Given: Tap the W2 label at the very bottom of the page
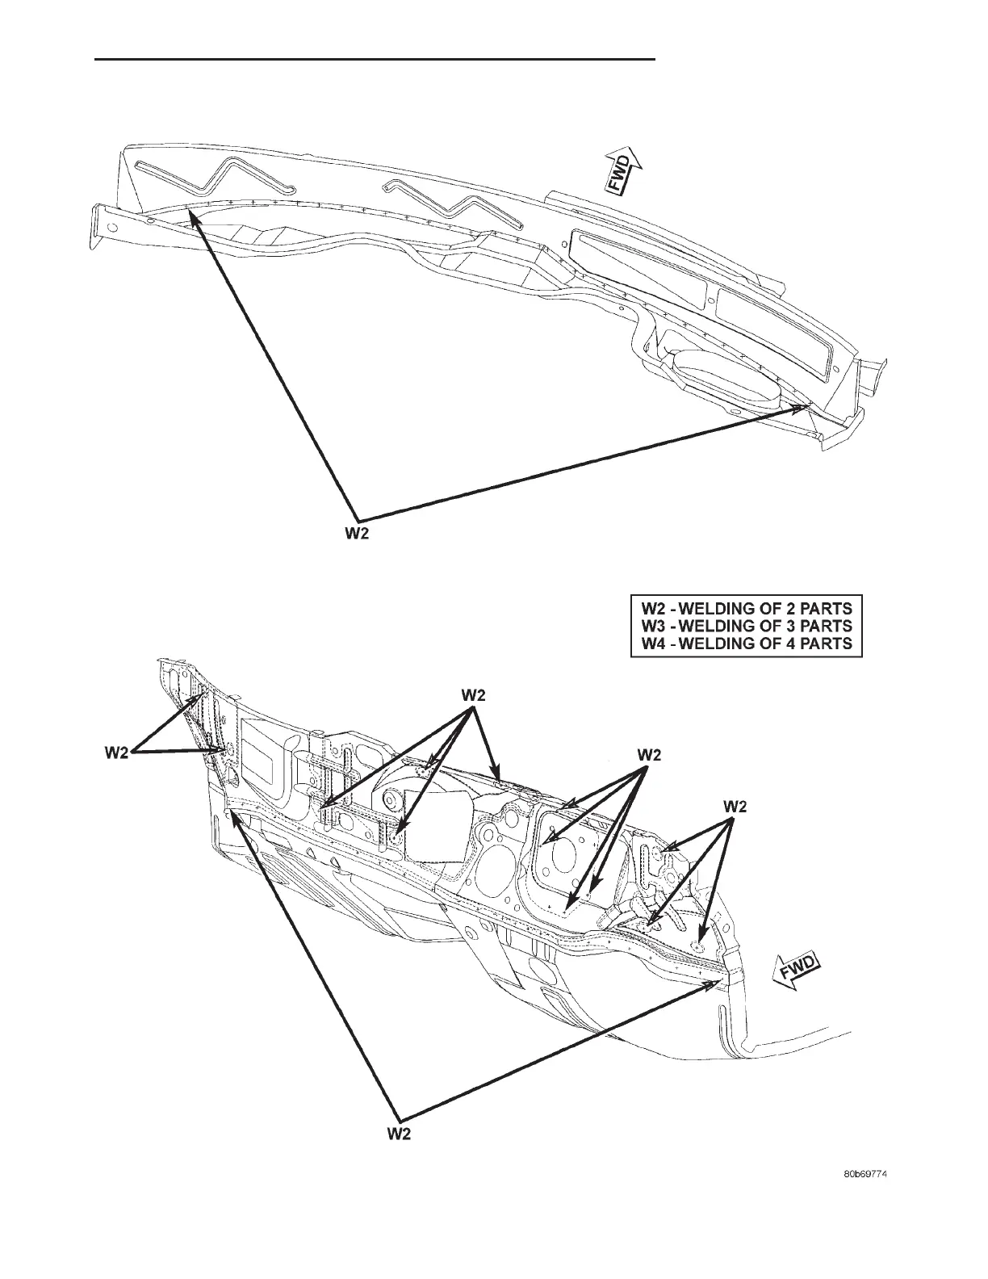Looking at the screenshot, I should tap(398, 1134).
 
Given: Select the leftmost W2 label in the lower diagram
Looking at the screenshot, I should tap(118, 753).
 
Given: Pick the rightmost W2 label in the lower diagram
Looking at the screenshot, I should tap(735, 806).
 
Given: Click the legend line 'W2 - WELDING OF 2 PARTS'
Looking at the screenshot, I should tap(747, 607).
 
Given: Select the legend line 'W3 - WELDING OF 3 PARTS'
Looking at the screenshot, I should tap(747, 626).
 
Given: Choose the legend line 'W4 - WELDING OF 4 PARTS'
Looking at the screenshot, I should tap(747, 644).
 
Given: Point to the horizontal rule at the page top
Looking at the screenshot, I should tap(375, 59).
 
